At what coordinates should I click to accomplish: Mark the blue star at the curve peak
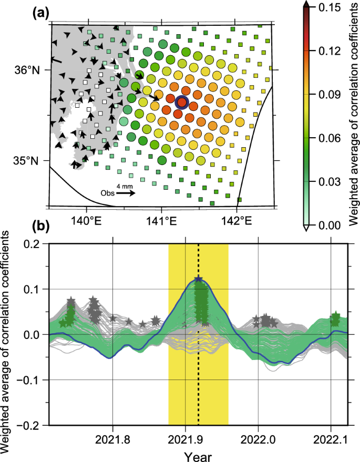pos(198,280)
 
